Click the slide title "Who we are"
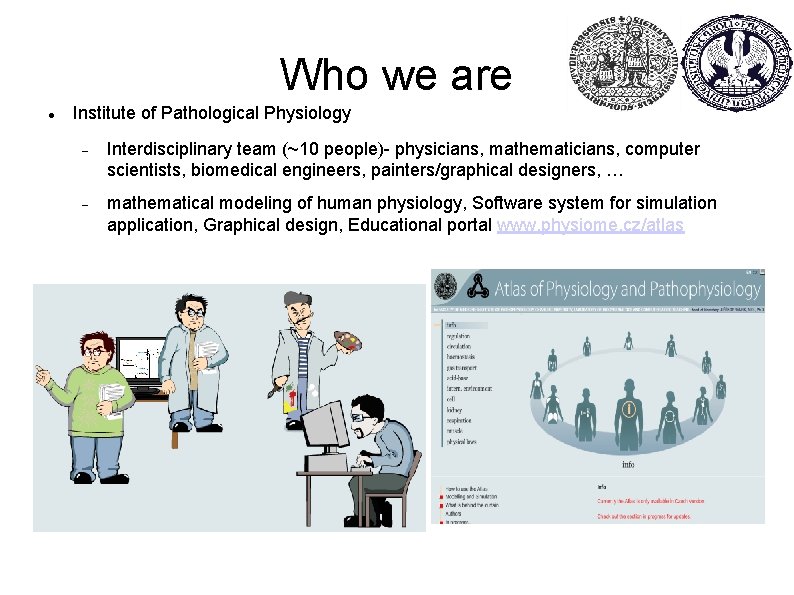click(x=396, y=74)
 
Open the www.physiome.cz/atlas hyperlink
click(x=590, y=225)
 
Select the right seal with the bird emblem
click(x=738, y=62)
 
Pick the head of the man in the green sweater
click(x=95, y=349)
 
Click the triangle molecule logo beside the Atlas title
click(x=482, y=290)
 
